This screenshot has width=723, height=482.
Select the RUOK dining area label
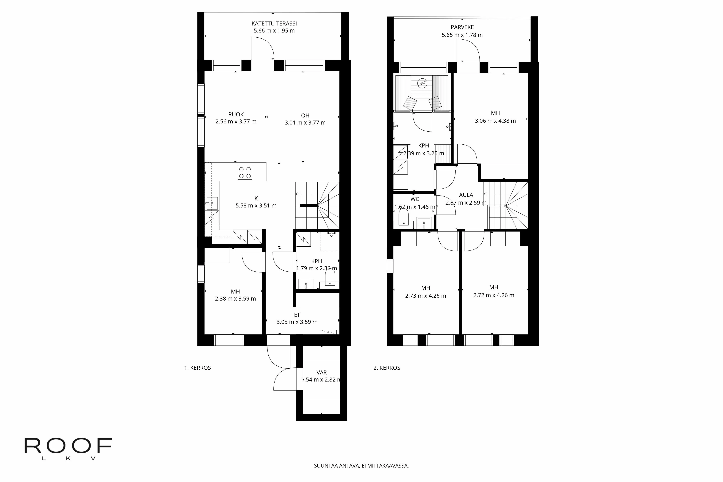[236, 115]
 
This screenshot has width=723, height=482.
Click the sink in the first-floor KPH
[306, 283]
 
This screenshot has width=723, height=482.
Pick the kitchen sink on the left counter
[212, 203]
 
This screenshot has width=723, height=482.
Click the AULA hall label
[466, 195]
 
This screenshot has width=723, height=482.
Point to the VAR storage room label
[322, 372]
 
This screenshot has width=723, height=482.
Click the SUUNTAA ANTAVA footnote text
[361, 466]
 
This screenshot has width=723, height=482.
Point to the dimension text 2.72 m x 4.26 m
[493, 295]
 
